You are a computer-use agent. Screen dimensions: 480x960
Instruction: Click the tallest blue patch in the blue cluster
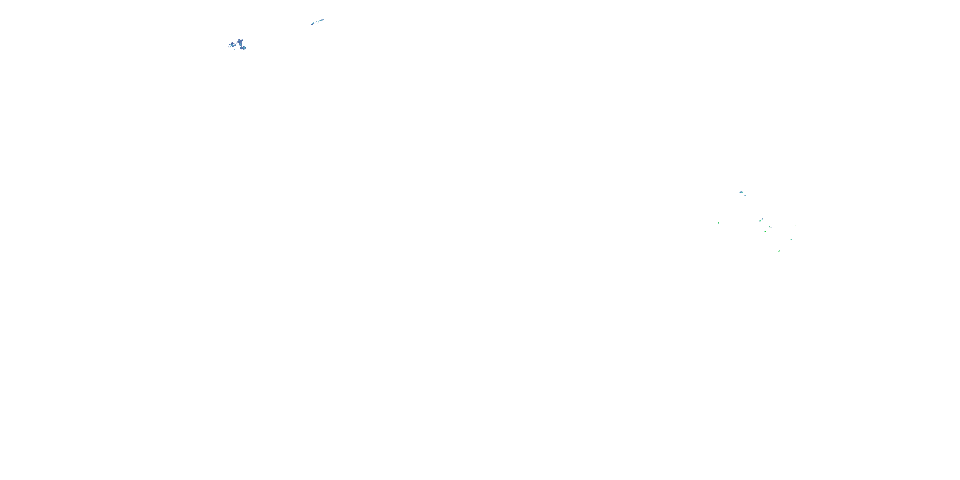240,43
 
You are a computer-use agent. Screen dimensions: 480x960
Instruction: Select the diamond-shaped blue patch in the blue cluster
232,45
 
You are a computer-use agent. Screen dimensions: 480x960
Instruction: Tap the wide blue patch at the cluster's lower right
244,48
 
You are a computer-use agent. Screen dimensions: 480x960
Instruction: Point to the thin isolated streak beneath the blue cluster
235,50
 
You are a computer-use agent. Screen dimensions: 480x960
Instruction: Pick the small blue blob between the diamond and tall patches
235,45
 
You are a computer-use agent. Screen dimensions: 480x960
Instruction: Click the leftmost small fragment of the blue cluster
229,47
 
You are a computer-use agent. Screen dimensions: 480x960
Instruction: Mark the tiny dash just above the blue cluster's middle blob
237,43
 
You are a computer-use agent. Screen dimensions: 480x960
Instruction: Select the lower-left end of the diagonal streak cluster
312,25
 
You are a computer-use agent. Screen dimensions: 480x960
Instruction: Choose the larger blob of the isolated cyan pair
741,192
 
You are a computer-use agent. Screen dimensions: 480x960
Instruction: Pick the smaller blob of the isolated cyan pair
745,195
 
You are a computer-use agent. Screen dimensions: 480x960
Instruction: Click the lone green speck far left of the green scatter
718,223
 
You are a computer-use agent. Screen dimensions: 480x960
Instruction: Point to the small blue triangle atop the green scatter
762,219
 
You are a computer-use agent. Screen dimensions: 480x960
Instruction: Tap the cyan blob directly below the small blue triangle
760,221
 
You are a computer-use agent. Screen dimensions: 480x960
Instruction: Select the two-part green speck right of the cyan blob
770,227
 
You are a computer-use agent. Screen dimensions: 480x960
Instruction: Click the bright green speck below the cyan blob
765,231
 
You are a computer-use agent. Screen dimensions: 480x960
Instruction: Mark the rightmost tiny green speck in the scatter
796,226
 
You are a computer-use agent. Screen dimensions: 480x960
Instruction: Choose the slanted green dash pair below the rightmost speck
790,240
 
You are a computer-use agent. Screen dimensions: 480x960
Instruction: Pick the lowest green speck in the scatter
779,251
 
